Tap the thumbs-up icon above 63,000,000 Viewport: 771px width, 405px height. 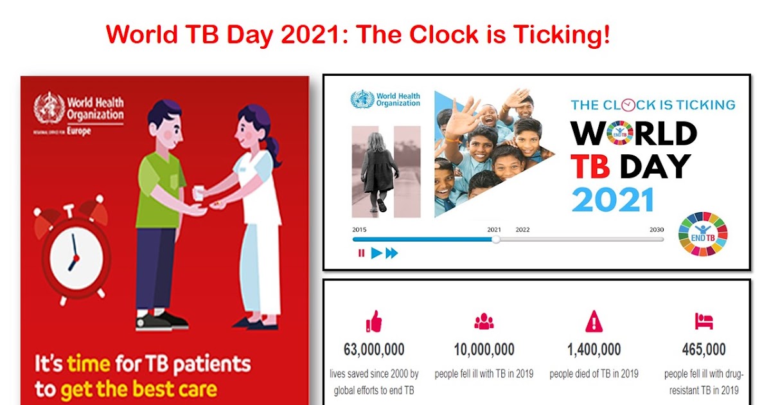pyautogui.click(x=373, y=321)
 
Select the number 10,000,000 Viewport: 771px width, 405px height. pyautogui.click(x=484, y=350)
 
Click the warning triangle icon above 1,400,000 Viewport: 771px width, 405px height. pyautogui.click(x=594, y=321)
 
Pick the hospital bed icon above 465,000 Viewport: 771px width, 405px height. pyautogui.click(x=704, y=321)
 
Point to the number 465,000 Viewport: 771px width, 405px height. pyautogui.click(x=704, y=350)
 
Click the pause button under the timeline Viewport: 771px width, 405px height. pyautogui.click(x=361, y=253)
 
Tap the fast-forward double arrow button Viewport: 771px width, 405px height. pyautogui.click(x=392, y=253)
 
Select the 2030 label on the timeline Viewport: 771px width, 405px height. pyautogui.click(x=656, y=230)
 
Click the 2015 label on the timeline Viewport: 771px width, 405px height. pyautogui.click(x=360, y=230)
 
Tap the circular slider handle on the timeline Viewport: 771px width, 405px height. pyautogui.click(x=495, y=239)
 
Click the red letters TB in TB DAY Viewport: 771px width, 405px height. pyautogui.click(x=590, y=166)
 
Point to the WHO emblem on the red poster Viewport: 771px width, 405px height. pyautogui.click(x=49, y=107)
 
